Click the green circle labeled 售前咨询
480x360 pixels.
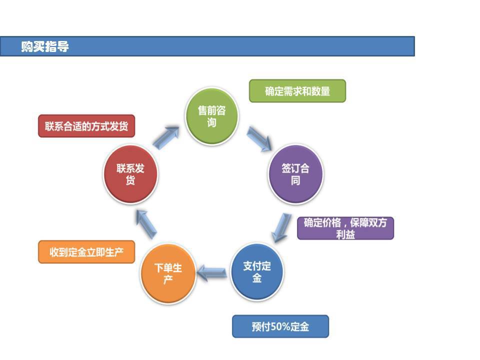pos(212,116)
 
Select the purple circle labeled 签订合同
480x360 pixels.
pos(295,174)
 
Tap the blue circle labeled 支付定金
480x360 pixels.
pos(257,272)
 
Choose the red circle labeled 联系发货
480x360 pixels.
pos(130,174)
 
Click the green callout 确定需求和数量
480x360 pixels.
pos(297,91)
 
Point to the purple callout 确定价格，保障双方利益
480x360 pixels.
pos(345,228)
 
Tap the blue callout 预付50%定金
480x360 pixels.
pos(280,326)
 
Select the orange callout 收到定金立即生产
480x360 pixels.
pos(86,252)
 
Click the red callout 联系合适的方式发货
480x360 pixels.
pos(86,126)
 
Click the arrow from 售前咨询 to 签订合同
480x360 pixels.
pos(259,138)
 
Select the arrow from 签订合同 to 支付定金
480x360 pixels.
pos(282,227)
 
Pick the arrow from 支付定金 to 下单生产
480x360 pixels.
pos(212,272)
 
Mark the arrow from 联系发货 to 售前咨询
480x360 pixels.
pos(165,137)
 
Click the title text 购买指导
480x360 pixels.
pos(45,47)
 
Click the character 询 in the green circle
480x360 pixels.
pos(212,122)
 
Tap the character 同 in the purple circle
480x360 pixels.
pos(295,180)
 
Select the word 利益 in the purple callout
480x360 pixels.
pos(345,234)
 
